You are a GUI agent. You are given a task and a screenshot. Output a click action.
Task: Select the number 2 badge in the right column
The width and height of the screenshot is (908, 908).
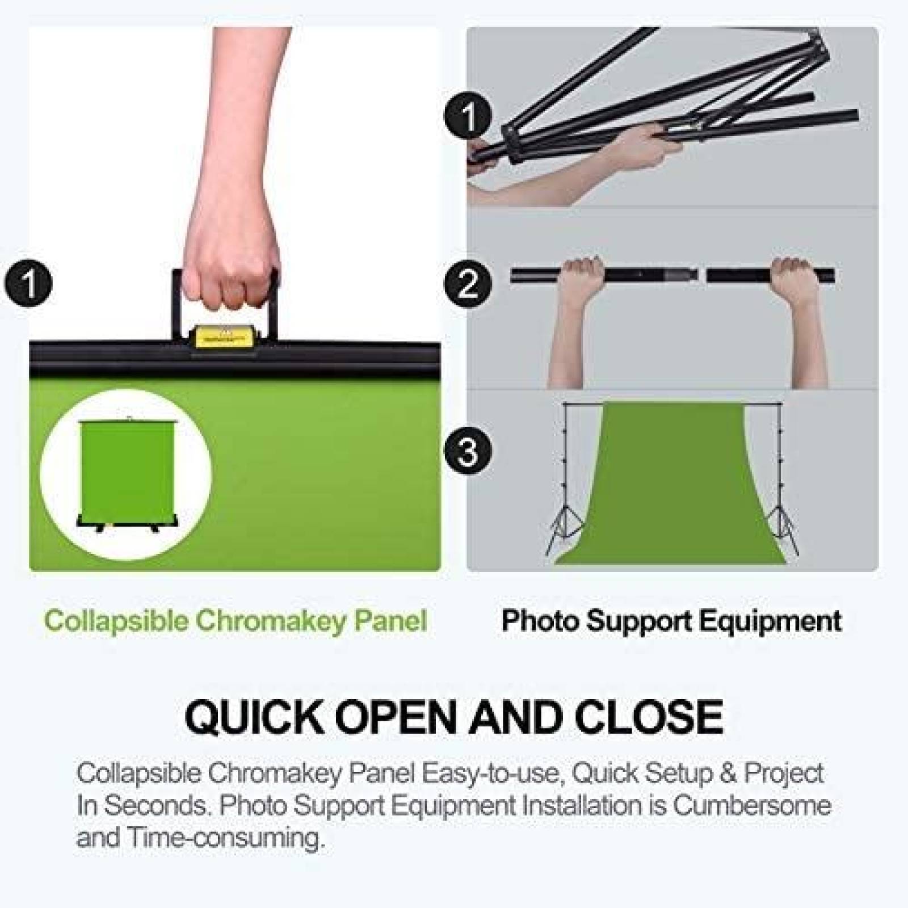point(468,282)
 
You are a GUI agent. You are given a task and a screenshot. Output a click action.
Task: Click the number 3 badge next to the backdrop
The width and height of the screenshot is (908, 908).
point(468,452)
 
